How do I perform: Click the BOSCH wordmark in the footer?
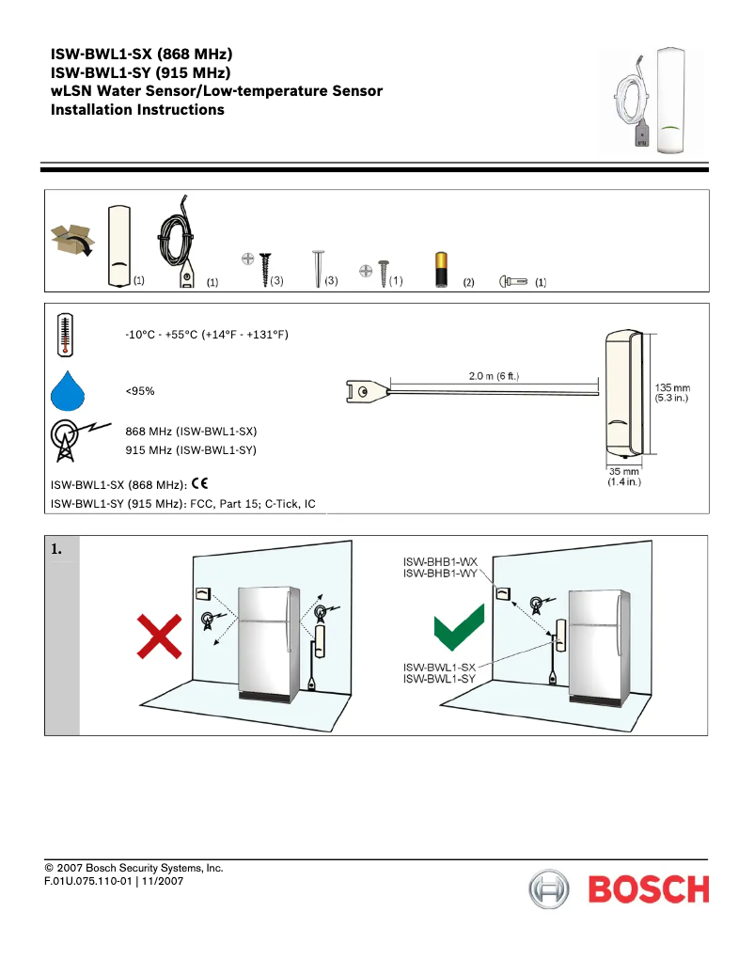tap(649, 889)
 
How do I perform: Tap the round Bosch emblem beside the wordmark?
tap(549, 889)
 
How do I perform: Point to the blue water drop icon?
tap(66, 390)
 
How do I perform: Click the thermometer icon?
tap(65, 335)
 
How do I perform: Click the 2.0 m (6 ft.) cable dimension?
tap(494, 376)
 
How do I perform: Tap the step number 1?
tap(57, 549)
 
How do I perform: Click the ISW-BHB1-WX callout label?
tap(440, 561)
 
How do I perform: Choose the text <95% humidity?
tap(140, 390)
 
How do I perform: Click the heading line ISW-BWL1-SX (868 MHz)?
tap(141, 54)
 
